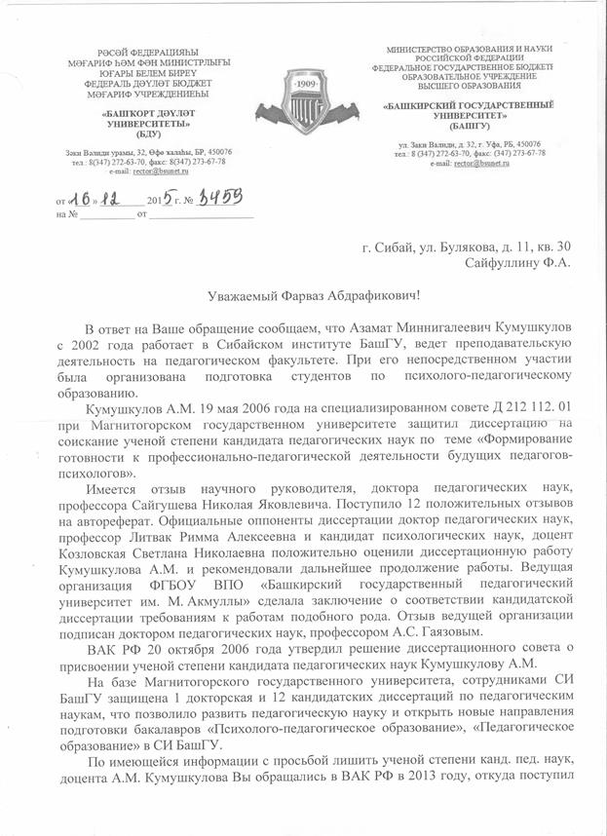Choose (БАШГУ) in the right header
471,127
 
